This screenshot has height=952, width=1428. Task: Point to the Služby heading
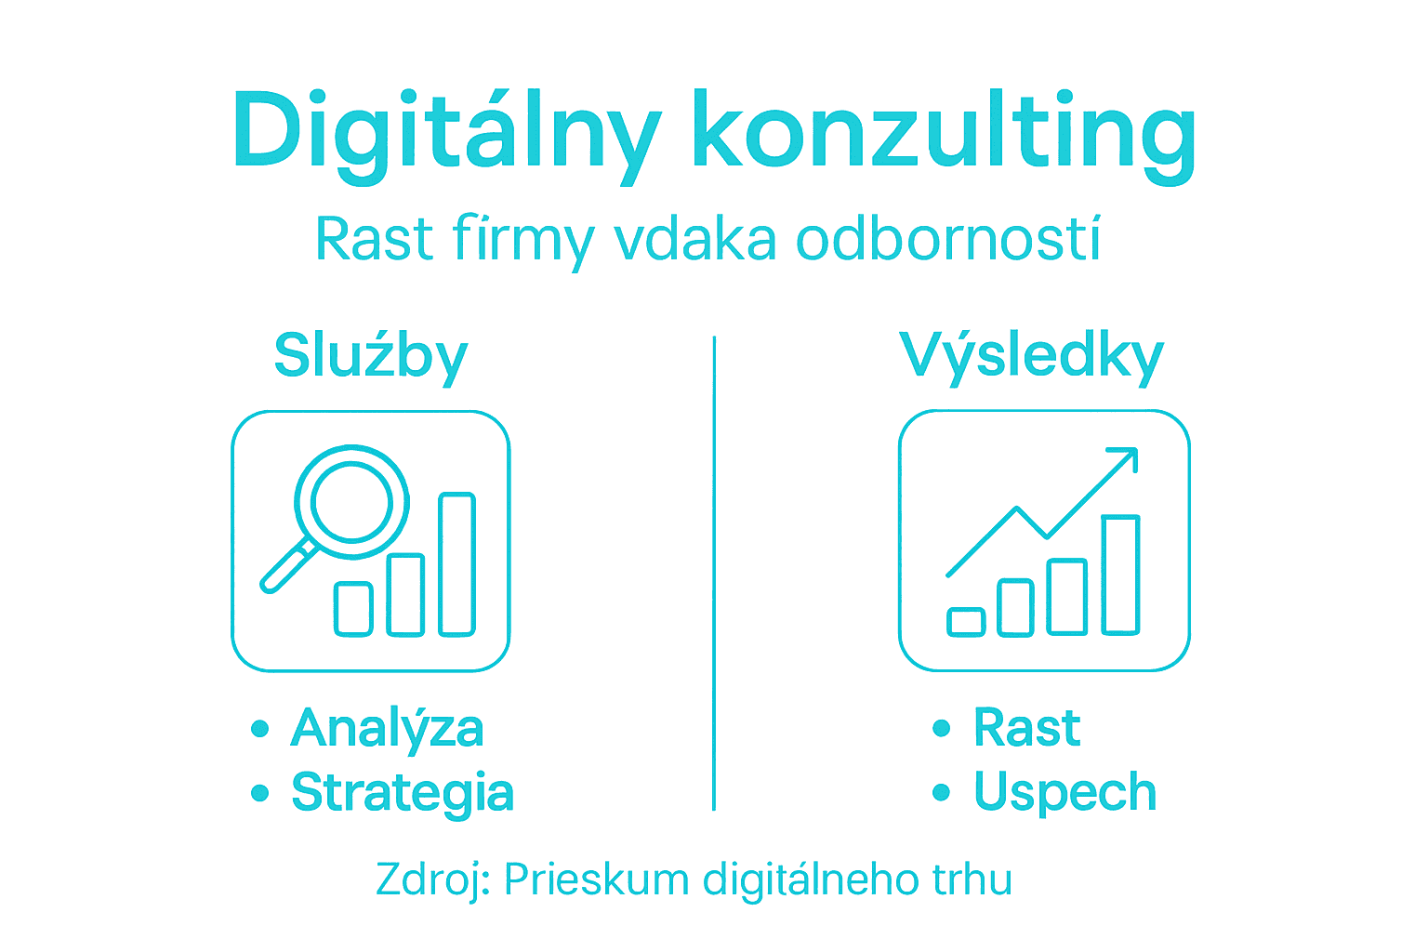coord(370,356)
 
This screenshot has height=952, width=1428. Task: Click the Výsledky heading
coord(1031,356)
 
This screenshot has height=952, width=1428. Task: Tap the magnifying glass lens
coord(351,502)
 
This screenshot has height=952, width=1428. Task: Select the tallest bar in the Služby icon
coord(457,564)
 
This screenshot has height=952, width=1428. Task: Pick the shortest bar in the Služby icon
coord(353,609)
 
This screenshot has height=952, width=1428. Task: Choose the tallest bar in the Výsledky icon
coord(1120,575)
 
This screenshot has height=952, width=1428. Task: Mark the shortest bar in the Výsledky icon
coord(966,622)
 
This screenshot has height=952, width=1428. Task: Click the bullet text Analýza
coord(387,728)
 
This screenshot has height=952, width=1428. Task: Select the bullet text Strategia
coord(403,792)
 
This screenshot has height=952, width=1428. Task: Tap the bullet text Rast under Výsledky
coord(1026,727)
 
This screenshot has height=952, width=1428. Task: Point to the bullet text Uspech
coord(1064,792)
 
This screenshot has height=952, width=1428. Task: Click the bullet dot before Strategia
coord(260,793)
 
